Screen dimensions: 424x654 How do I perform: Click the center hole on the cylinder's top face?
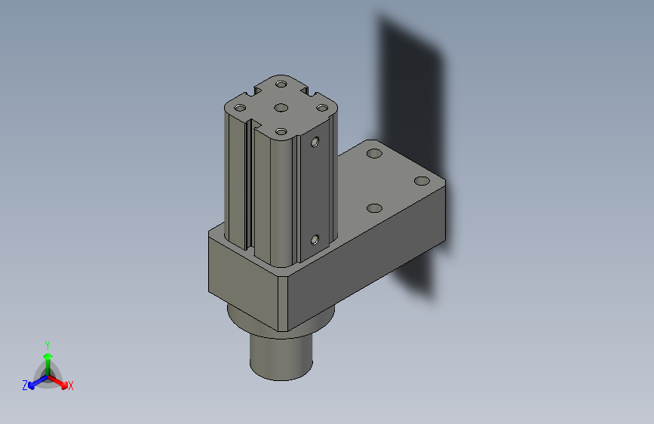281,107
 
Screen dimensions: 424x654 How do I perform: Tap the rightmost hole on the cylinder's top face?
322,108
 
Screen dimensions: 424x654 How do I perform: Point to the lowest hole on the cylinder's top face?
281,132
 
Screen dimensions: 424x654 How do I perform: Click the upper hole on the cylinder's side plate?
316,140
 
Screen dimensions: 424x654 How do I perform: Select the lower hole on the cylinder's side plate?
315,240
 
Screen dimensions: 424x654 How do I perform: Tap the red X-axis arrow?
61,381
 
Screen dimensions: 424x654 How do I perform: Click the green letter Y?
48,343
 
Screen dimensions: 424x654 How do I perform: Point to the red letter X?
70,386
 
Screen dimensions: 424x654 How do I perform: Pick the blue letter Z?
25,386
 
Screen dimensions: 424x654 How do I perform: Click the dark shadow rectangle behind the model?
411,83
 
